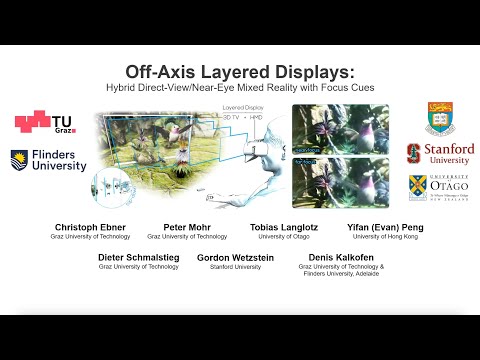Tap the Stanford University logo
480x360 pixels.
coord(440,154)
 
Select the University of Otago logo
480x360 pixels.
coord(440,187)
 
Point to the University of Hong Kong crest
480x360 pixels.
coord(440,117)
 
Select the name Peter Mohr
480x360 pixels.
coord(186,228)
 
